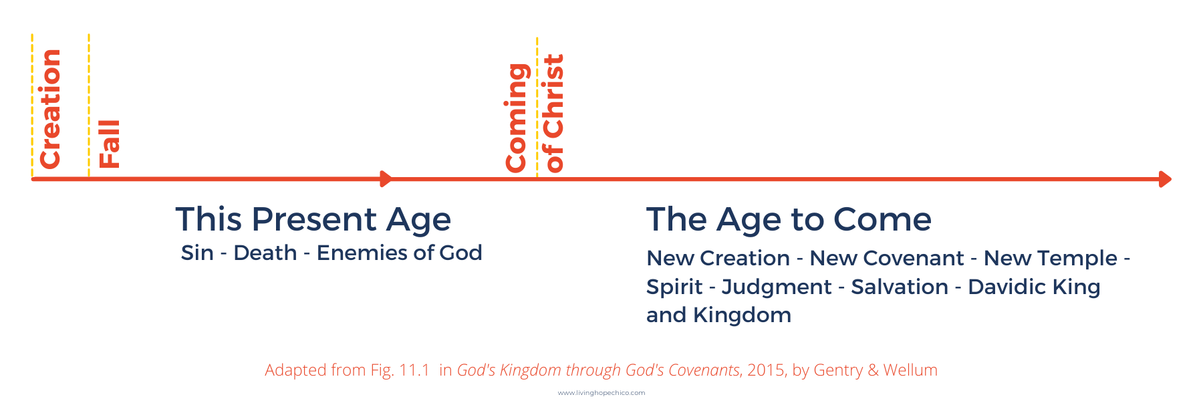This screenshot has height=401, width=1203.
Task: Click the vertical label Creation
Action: pyautogui.click(x=51, y=108)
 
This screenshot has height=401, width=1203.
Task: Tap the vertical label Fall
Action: pyautogui.click(x=109, y=144)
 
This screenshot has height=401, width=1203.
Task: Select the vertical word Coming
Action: pyautogui.click(x=517, y=118)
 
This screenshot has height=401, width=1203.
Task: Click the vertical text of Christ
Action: pyautogui.click(x=554, y=113)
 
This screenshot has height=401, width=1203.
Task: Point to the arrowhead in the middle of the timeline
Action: pyautogui.click(x=386, y=178)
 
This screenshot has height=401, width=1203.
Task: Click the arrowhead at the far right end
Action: pyautogui.click(x=1165, y=179)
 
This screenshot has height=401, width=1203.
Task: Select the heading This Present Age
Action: pyautogui.click(x=313, y=219)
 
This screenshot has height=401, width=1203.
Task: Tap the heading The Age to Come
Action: pyautogui.click(x=789, y=219)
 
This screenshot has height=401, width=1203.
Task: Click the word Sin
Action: pyautogui.click(x=197, y=253)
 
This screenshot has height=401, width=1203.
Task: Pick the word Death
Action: pyautogui.click(x=265, y=253)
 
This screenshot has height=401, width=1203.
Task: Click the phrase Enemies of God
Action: pyautogui.click(x=399, y=253)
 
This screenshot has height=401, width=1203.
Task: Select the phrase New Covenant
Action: pyautogui.click(x=886, y=258)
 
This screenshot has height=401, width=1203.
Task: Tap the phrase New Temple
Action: pyautogui.click(x=1050, y=258)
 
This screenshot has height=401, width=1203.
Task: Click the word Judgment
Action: pyautogui.click(x=777, y=287)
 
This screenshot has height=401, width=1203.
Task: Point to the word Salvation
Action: pyautogui.click(x=900, y=287)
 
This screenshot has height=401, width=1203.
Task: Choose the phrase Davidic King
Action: pyautogui.click(x=1034, y=287)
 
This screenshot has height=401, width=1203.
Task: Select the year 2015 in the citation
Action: pyautogui.click(x=765, y=370)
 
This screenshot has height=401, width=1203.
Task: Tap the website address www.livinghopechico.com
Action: pyautogui.click(x=601, y=393)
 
